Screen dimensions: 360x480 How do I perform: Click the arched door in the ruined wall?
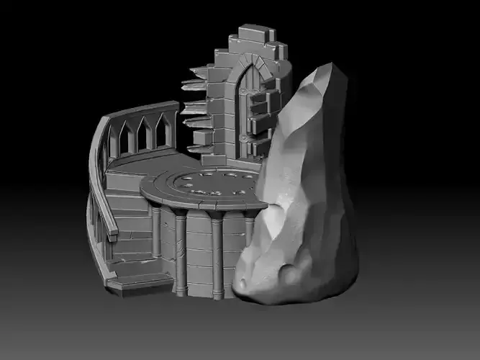tap(254, 108)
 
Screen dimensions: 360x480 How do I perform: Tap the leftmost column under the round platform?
tap(155, 231)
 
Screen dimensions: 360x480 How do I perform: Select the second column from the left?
tap(180, 252)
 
